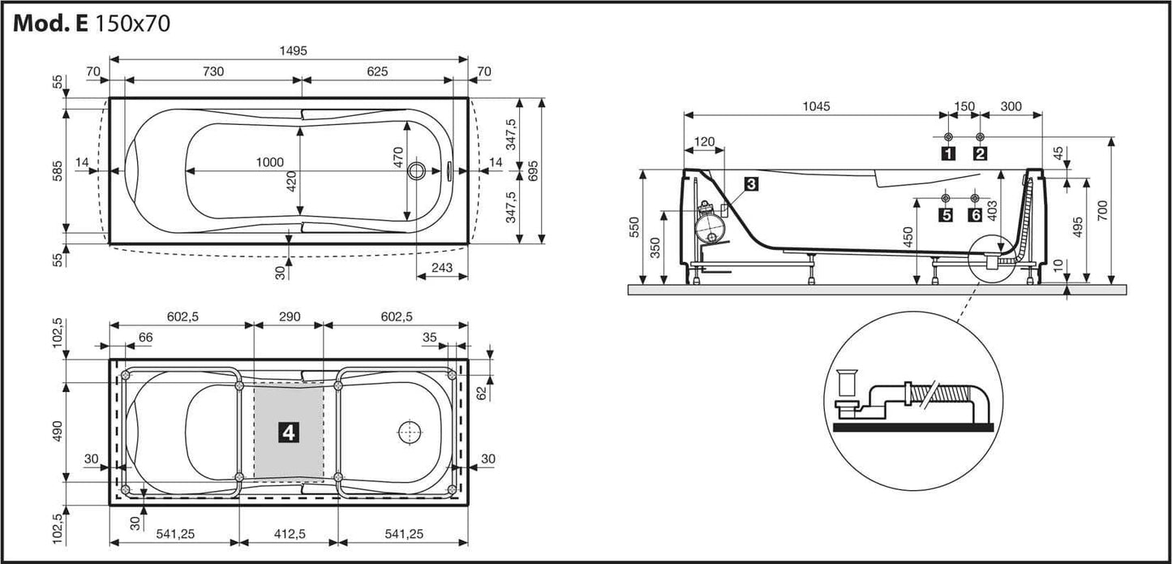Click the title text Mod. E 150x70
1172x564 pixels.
(92, 23)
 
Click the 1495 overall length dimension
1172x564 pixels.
(289, 50)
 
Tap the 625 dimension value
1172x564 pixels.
(377, 71)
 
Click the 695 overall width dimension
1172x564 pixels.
(533, 170)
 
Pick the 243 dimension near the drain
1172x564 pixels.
(441, 267)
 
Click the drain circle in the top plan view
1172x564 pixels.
(418, 170)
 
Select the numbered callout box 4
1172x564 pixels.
(288, 433)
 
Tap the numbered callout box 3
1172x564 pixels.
(751, 184)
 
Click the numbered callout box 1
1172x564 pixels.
(947, 153)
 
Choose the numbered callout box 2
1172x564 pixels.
(980, 153)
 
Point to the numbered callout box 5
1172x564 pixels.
(945, 215)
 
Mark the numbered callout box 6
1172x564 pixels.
(975, 215)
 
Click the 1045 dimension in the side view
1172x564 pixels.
(816, 106)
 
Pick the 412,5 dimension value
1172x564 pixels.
(288, 533)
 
